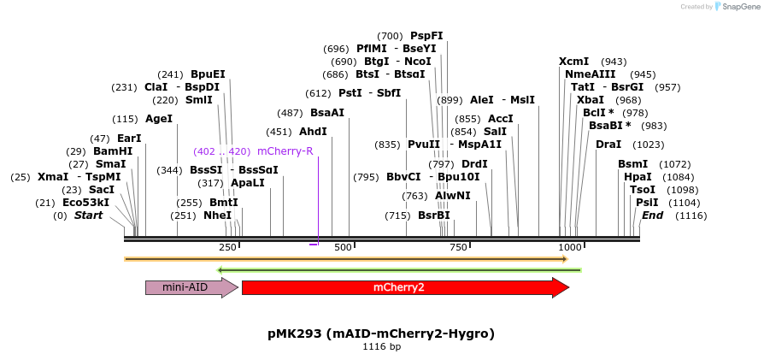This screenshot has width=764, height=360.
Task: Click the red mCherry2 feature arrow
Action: pyautogui.click(x=405, y=287)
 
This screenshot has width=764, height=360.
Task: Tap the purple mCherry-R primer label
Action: pyautogui.click(x=285, y=151)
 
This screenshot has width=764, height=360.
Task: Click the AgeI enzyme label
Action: pyautogui.click(x=159, y=119)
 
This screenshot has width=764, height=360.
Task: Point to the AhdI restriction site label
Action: pyautogui.click(x=313, y=132)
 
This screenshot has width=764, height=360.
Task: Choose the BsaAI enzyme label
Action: pyautogui.click(x=327, y=113)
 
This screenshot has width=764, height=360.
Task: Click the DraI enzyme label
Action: pyautogui.click(x=608, y=145)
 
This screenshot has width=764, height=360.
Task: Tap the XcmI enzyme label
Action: pyautogui.click(x=573, y=62)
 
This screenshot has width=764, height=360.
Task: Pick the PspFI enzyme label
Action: pyautogui.click(x=426, y=36)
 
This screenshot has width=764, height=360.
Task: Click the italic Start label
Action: pyautogui.click(x=88, y=215)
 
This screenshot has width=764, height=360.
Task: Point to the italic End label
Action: pyautogui.click(x=652, y=215)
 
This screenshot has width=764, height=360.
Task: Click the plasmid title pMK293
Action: pyautogui.click(x=381, y=333)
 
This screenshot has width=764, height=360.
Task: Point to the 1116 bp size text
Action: pyautogui.click(x=381, y=346)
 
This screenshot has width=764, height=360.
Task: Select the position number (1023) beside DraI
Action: pyautogui.click(x=649, y=145)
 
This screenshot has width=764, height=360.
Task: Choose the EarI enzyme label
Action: pyautogui.click(x=130, y=139)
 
